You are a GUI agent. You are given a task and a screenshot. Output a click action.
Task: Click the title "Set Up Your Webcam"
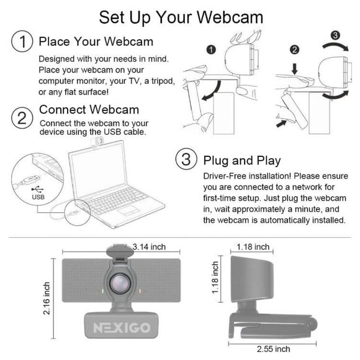pos(181,17)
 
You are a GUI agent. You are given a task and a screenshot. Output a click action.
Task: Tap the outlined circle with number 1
pos(22,42)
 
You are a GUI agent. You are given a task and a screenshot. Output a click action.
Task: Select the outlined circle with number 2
pos(22,118)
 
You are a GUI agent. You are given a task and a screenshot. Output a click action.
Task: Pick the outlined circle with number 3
pos(186,159)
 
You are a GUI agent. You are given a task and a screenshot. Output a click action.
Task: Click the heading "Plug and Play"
pos(242,161)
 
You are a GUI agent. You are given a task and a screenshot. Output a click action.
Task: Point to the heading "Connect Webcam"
pos(89,109)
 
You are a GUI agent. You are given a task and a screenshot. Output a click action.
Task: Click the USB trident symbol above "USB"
pos(37,189)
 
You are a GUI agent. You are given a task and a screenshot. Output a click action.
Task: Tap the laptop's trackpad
pos(129,210)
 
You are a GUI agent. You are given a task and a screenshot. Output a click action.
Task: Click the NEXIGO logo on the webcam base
pos(122,328)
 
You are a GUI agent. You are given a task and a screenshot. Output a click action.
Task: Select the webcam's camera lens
pos(120,284)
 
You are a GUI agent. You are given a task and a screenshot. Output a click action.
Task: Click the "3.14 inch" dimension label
pos(149,247)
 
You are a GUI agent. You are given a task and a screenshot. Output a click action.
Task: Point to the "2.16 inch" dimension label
pos(47,298)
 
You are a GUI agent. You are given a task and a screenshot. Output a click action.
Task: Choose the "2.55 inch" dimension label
pos(274,349)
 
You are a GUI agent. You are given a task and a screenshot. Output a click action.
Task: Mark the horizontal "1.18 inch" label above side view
pos(253,247)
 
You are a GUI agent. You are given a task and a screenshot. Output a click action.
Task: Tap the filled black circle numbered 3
pos(335,35)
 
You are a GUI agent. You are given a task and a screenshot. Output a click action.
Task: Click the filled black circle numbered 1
pos(211,50)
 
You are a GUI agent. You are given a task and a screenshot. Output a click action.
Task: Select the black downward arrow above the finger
pos(295,69)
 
